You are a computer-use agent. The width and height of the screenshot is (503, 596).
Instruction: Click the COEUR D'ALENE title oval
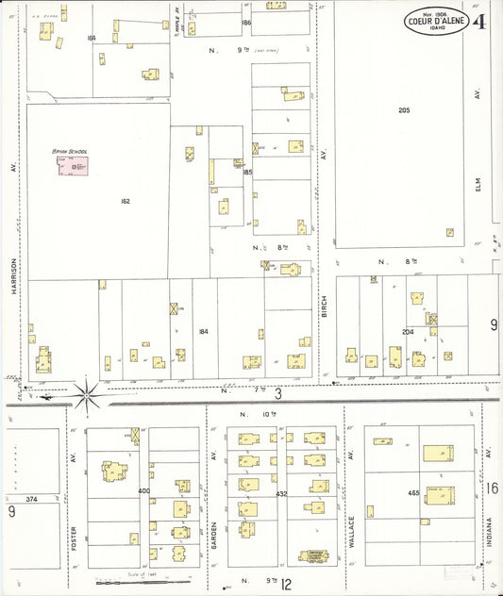pyautogui.click(x=435, y=21)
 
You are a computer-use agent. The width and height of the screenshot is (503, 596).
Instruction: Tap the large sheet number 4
pyautogui.click(x=480, y=21)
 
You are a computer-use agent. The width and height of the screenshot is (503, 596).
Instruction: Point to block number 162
pyautogui.click(x=126, y=201)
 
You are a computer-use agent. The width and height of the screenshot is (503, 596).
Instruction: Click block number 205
pyautogui.click(x=404, y=110)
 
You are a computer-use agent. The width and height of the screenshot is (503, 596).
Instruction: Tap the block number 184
pyautogui.click(x=203, y=331)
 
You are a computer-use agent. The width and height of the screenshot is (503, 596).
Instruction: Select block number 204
pyautogui.click(x=408, y=332)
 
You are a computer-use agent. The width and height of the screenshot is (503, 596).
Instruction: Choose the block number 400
pyautogui.click(x=143, y=491)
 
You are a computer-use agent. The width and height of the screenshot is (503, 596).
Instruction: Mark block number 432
pyautogui.click(x=281, y=493)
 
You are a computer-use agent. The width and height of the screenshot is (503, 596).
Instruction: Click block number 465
pyautogui.click(x=413, y=492)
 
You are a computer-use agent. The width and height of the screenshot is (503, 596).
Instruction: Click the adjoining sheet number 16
pyautogui.click(x=493, y=488)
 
